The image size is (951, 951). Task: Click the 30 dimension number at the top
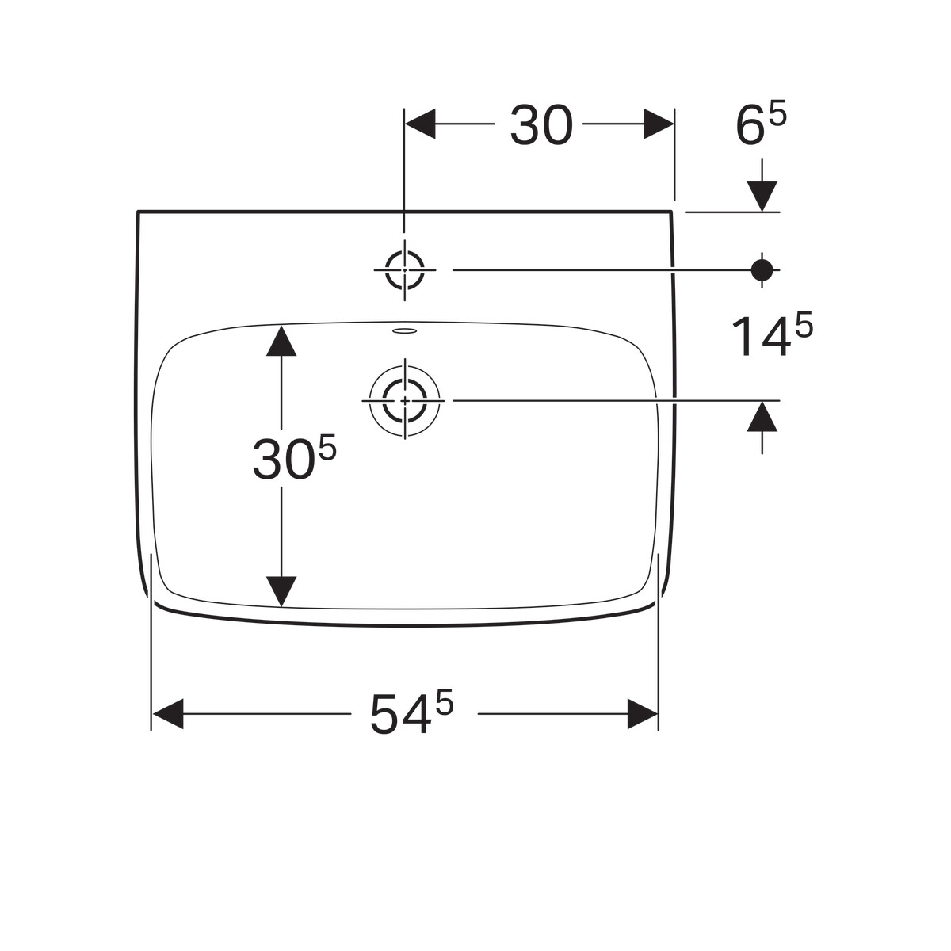[541, 125]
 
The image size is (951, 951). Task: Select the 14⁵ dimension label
[772, 336]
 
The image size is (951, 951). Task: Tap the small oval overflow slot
[405, 330]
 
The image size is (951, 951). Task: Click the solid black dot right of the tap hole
[762, 270]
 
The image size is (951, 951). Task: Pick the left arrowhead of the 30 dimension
[420, 124]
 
